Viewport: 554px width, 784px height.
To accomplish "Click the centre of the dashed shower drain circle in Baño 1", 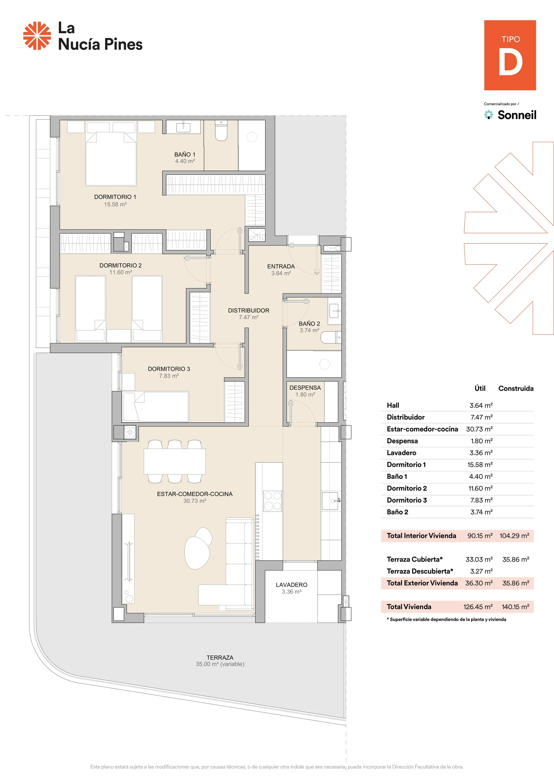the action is coord(252,137).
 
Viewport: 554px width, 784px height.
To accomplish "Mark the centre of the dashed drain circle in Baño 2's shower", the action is coord(324,364).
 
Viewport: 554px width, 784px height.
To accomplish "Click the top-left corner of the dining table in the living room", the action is coord(144,449).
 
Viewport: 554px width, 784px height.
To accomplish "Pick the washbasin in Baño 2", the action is coord(335,311).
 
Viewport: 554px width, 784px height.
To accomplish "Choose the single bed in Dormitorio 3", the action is coord(156,407).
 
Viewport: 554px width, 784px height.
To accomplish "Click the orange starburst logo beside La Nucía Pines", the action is coord(37,36).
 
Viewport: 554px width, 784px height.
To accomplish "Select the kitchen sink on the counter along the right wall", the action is coord(330,501).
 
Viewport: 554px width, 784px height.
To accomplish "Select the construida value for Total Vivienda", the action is coord(515,607).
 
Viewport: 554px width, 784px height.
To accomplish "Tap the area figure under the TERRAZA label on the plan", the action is coord(220,664).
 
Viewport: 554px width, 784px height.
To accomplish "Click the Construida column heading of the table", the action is coord(516,388).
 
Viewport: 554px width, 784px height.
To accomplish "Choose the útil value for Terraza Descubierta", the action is coord(481,571).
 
